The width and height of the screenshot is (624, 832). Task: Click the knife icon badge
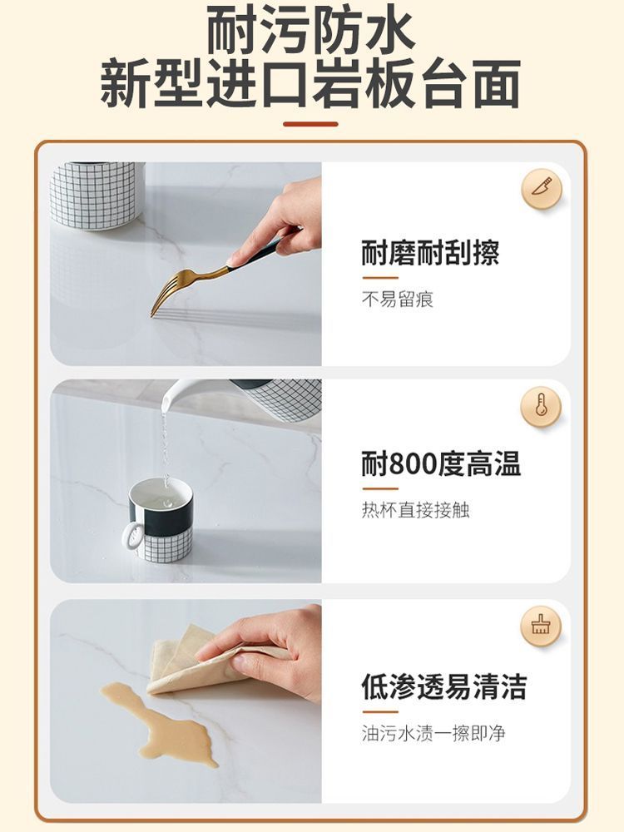(541, 188)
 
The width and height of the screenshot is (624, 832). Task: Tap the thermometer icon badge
(541, 407)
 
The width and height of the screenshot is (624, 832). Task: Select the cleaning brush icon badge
(541, 626)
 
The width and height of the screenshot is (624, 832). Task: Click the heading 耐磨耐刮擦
(430, 253)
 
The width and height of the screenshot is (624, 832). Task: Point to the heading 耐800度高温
(442, 463)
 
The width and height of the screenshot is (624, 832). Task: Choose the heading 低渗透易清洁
(444, 687)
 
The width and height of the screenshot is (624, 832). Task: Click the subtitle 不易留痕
(398, 300)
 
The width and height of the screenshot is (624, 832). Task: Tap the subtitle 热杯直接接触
(415, 510)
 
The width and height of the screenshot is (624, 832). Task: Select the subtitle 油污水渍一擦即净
(433, 733)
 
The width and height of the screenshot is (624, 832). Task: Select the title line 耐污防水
(311, 30)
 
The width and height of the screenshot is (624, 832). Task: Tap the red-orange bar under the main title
(311, 124)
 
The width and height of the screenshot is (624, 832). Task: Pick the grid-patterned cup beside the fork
(97, 196)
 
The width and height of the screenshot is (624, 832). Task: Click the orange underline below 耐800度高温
(380, 488)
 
